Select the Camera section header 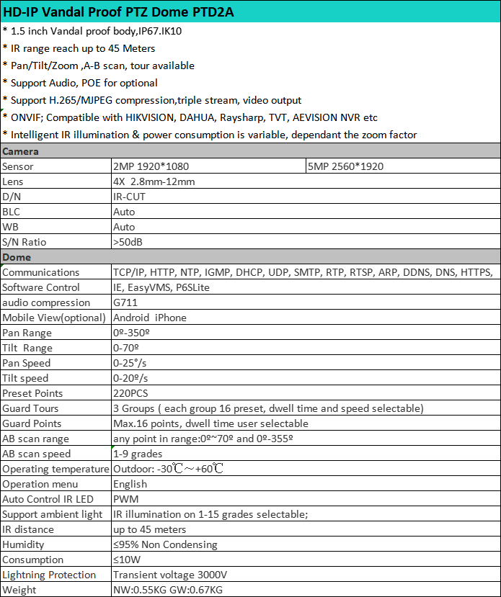[x=21, y=151]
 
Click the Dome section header [x=17, y=257]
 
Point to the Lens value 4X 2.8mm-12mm [x=154, y=181]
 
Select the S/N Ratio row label [x=25, y=242]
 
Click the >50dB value [x=128, y=242]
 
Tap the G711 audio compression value [x=125, y=302]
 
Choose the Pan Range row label [x=27, y=333]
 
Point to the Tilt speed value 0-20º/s [x=130, y=378]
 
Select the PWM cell [x=125, y=499]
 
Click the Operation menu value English [x=130, y=484]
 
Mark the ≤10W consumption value [x=128, y=560]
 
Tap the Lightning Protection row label [x=49, y=575]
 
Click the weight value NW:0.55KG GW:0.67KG [x=168, y=590]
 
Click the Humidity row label [x=24, y=544]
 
